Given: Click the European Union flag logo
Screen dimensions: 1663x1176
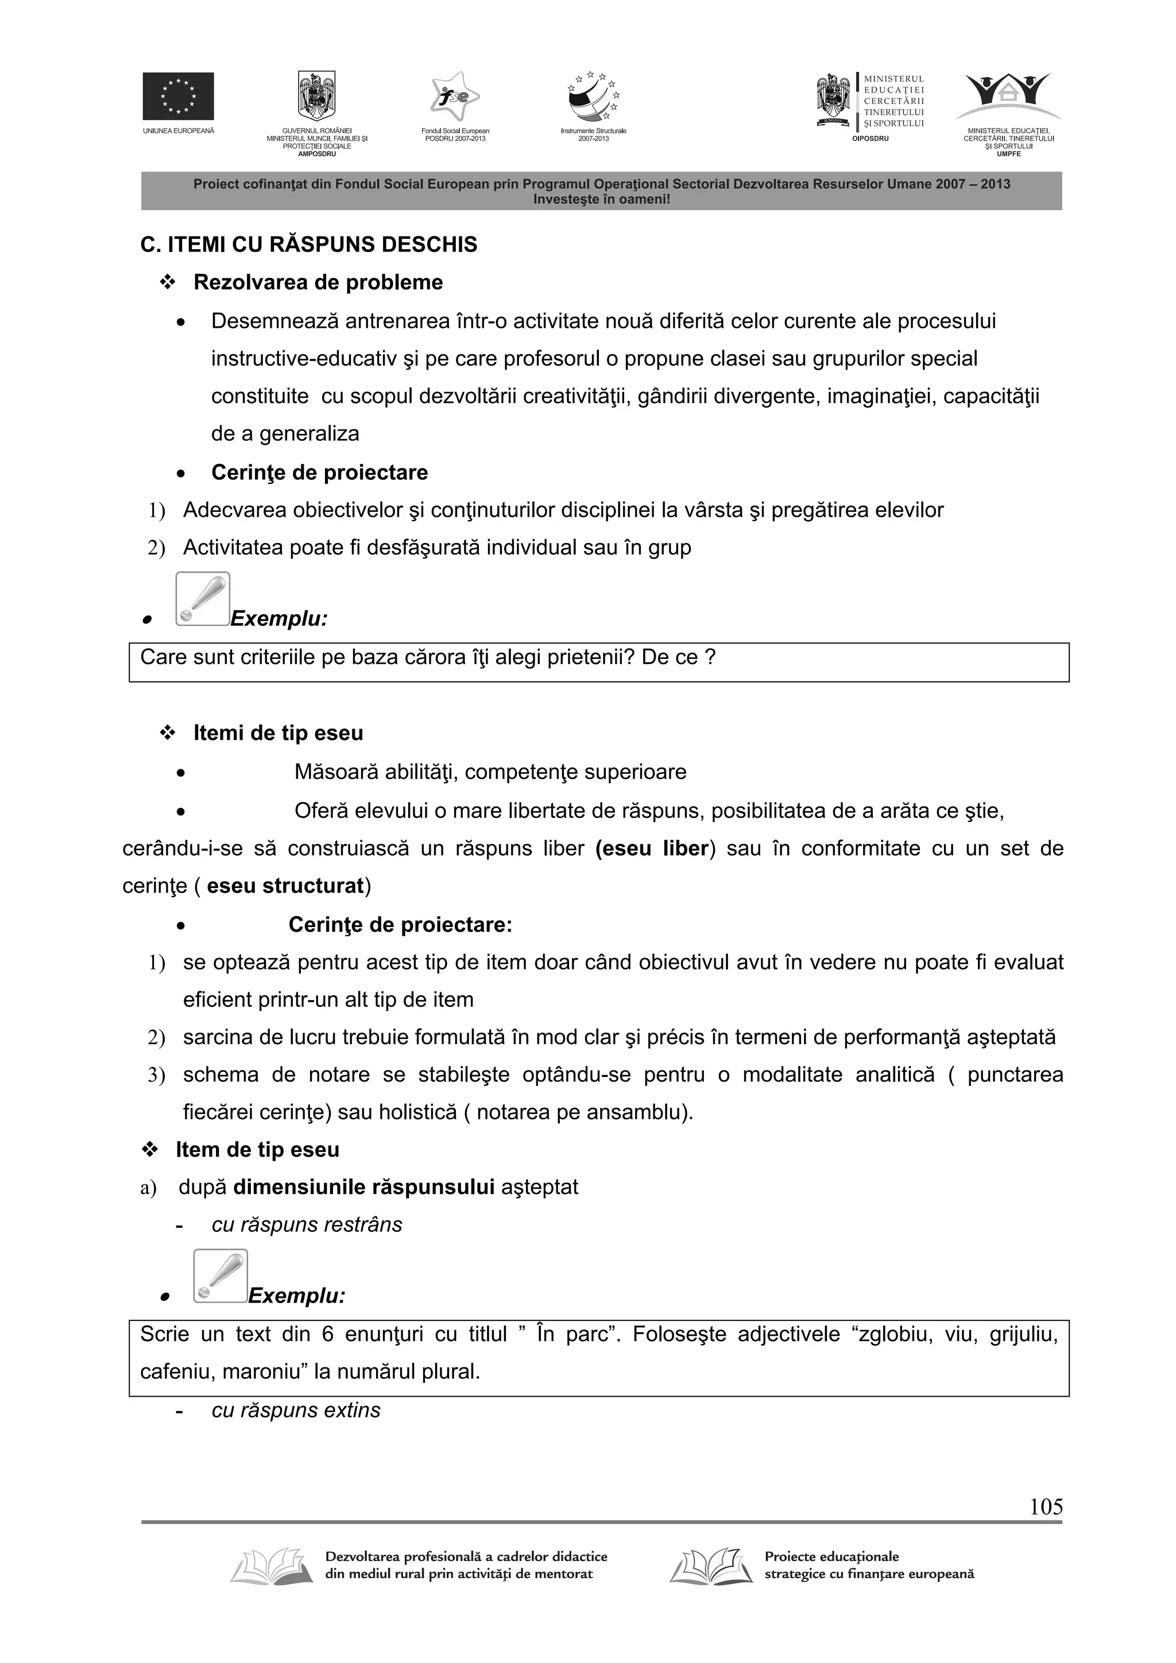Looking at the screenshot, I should pyautogui.click(x=177, y=96).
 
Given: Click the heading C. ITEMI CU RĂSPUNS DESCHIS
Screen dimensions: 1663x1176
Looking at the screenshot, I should pyautogui.click(x=309, y=245).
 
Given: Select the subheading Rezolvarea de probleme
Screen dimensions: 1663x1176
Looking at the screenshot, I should pyautogui.click(x=318, y=282).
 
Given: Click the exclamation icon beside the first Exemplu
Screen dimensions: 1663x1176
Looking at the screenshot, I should pyautogui.click(x=202, y=599).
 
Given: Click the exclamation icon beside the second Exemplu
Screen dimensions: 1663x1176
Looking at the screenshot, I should pyautogui.click(x=220, y=1276).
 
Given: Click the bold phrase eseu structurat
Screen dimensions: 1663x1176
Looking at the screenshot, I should pyautogui.click(x=285, y=886).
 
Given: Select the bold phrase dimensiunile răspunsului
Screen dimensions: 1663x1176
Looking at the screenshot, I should pyautogui.click(x=363, y=1187).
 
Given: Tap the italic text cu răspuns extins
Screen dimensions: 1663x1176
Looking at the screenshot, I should pyautogui.click(x=296, y=1410).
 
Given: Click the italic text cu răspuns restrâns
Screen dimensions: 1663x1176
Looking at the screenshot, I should pyautogui.click(x=307, y=1225).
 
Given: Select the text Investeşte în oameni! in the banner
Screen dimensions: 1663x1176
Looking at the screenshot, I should pyautogui.click(x=601, y=199).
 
